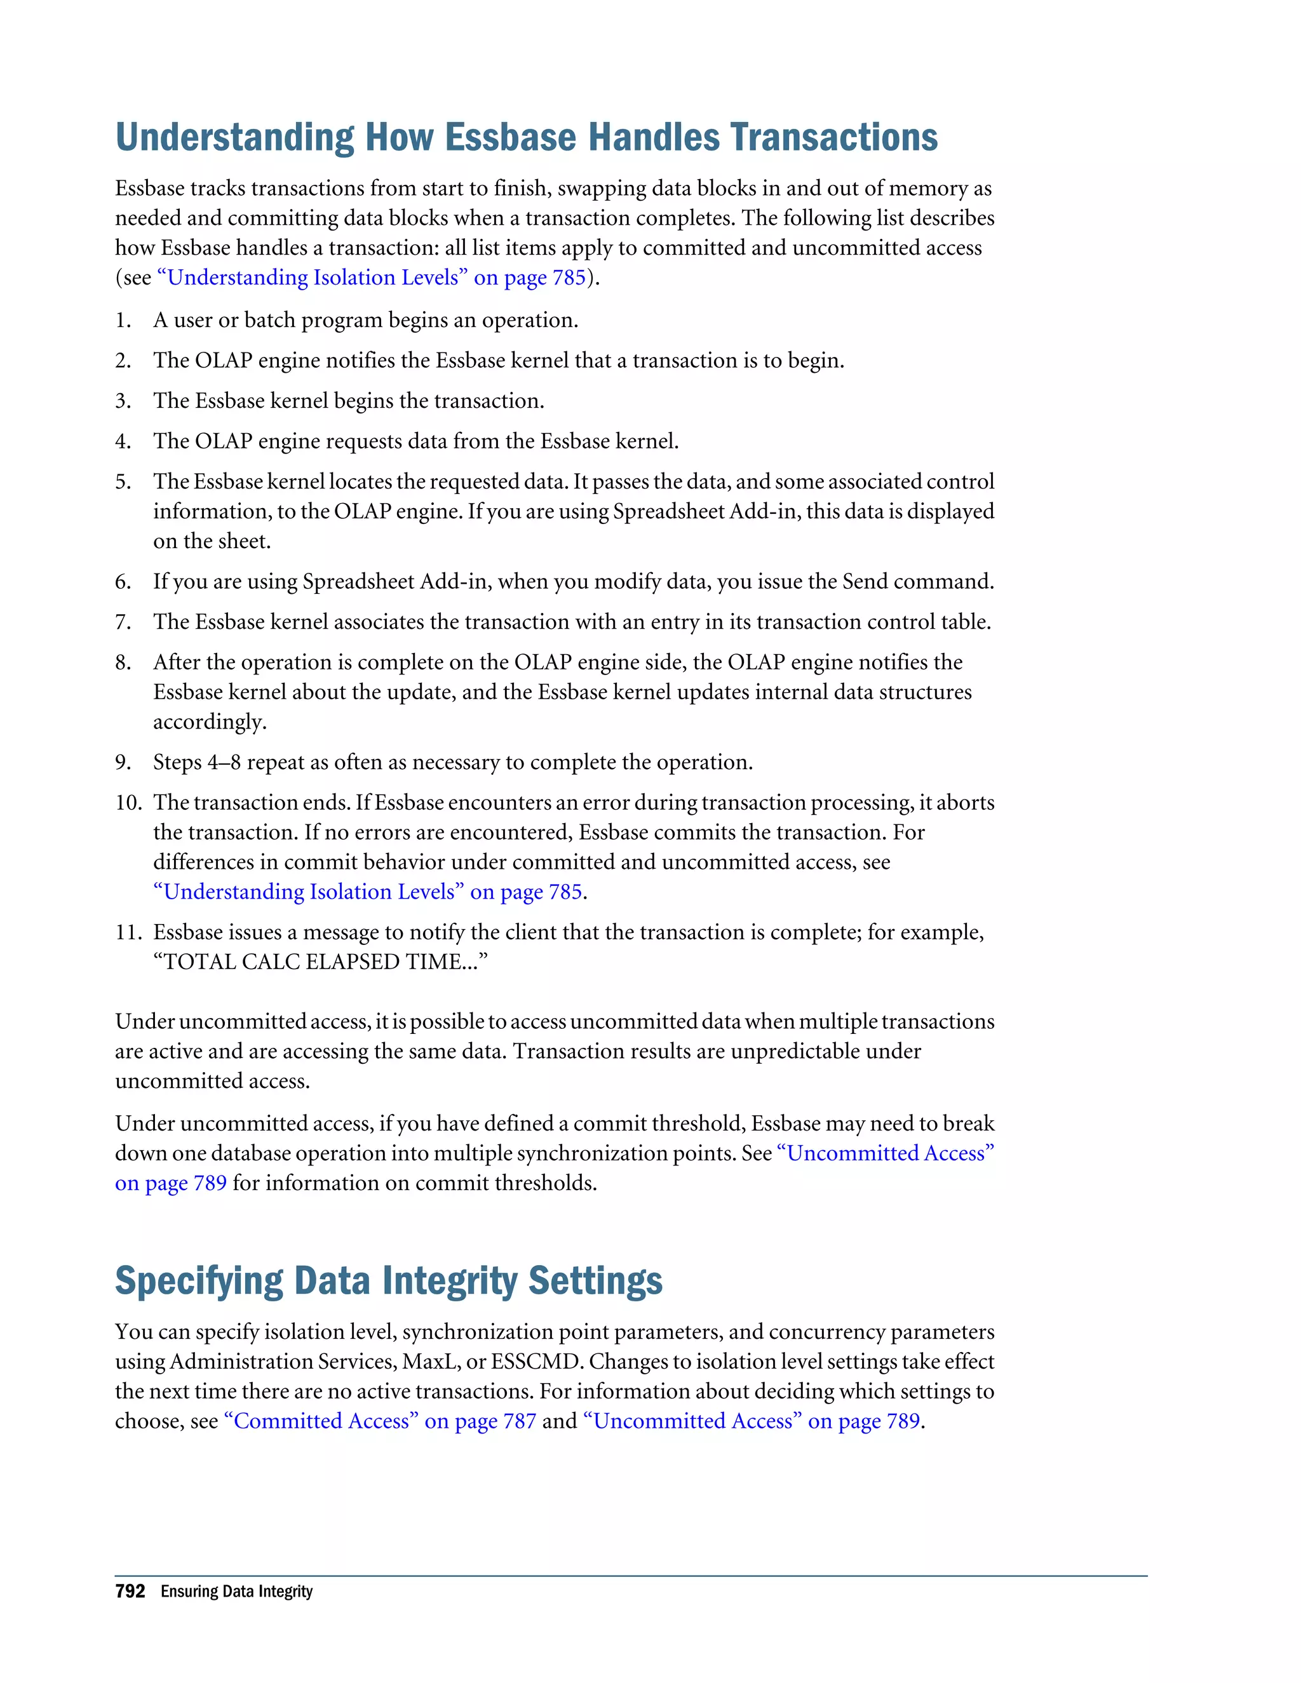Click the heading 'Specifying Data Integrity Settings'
pyautogui.click(x=388, y=1281)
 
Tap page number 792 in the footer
pyautogui.click(x=130, y=1592)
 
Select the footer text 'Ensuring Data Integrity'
pyautogui.click(x=236, y=1592)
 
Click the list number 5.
pyautogui.click(x=123, y=481)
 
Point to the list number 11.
pyautogui.click(x=128, y=932)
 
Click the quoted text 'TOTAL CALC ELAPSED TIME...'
pyautogui.click(x=321, y=962)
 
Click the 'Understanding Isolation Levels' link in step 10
pyautogui.click(x=368, y=892)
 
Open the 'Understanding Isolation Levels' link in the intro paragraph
pyautogui.click(x=372, y=278)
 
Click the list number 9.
pyautogui.click(x=123, y=763)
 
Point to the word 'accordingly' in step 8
pyautogui.click(x=209, y=723)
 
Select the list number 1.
pyautogui.click(x=123, y=321)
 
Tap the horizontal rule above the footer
pyautogui.click(x=630, y=1576)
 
